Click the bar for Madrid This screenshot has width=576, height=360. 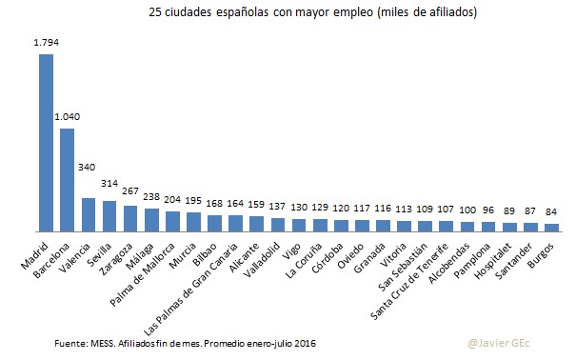tap(46, 143)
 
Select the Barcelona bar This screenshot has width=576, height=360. tap(67, 180)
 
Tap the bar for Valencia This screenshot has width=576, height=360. tap(89, 214)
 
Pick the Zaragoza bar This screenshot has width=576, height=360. tap(130, 218)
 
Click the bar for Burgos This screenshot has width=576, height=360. tap(551, 228)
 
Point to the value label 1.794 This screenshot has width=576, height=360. tap(46, 43)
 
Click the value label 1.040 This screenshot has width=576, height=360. tap(67, 117)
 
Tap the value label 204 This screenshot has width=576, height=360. tap(172, 201)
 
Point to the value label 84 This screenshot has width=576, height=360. tap(551, 212)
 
